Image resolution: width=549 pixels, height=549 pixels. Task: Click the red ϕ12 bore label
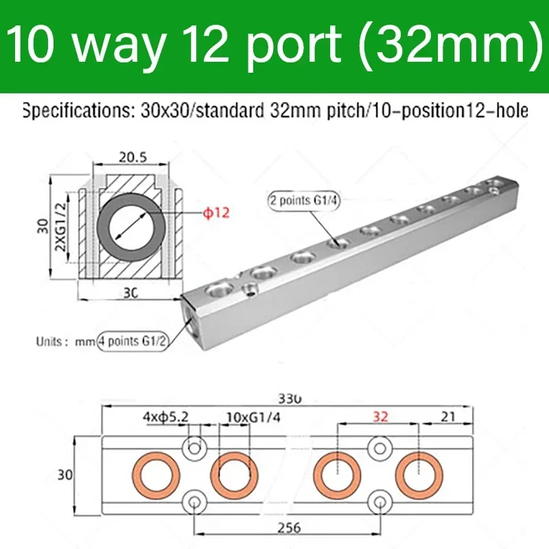(215, 213)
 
